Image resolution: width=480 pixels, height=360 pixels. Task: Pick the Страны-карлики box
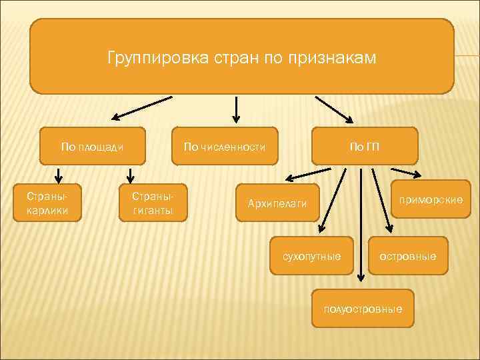[x=47, y=203]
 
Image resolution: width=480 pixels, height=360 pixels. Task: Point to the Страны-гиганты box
[x=153, y=203]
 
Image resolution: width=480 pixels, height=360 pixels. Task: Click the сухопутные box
[x=311, y=255]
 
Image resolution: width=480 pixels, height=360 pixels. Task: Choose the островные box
[x=407, y=255]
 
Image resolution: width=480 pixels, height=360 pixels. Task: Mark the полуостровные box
[x=363, y=309]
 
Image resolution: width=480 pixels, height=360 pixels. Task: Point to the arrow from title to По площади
[x=141, y=108]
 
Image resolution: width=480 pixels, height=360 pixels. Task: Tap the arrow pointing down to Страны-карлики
[x=59, y=175]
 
